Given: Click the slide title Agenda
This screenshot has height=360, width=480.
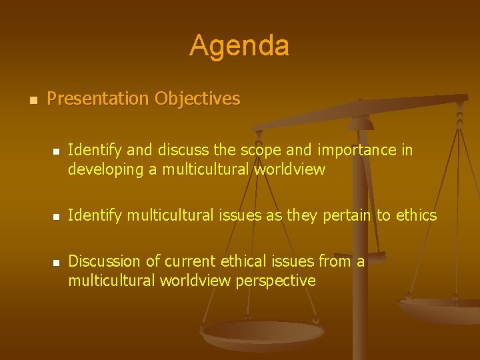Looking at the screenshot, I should [239, 46].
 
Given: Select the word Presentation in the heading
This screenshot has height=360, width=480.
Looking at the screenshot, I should [98, 99].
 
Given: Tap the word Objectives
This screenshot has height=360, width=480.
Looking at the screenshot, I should [197, 99].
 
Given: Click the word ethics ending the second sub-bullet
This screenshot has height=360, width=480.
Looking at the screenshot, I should [416, 215].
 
